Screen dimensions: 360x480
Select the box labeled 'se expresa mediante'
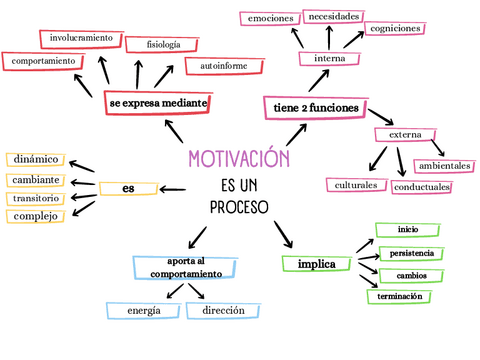pyautogui.click(x=158, y=103)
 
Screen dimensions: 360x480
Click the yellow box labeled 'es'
pyautogui.click(x=129, y=188)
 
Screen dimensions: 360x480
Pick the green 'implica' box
pyautogui.click(x=316, y=264)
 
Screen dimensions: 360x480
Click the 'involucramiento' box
pyautogui.click(x=81, y=38)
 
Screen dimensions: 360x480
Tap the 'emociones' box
pyautogui.click(x=271, y=19)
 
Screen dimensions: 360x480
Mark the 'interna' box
pyautogui.click(x=329, y=59)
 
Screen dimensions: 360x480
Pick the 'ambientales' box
pyautogui.click(x=445, y=165)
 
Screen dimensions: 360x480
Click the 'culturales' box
pyautogui.click(x=356, y=185)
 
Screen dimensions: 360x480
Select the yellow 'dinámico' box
pyautogui.click(x=37, y=159)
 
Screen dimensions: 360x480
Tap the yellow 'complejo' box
pyautogui.click(x=36, y=216)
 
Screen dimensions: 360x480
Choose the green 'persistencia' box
pyautogui.click(x=412, y=253)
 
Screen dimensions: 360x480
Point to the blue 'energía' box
pyautogui.click(x=144, y=311)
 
